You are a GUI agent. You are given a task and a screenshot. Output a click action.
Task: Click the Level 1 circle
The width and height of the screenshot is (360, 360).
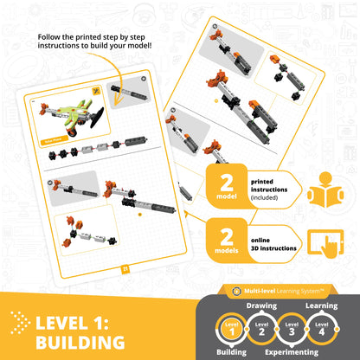click(x=230, y=330)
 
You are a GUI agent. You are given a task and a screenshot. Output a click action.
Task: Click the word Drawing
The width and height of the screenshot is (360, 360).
click(x=263, y=305)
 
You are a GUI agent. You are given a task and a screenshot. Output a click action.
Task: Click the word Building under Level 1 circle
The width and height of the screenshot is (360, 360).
click(x=230, y=353)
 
